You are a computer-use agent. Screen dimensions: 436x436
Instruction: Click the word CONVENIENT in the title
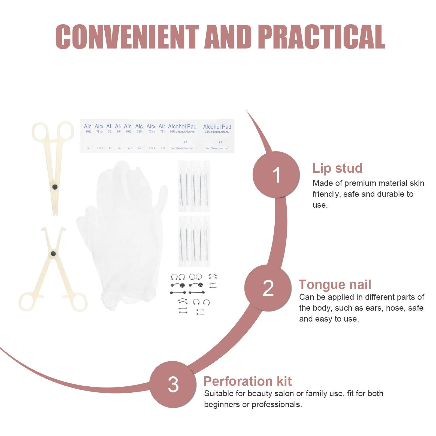tap(127, 37)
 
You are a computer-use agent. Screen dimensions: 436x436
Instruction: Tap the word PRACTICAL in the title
tap(322, 37)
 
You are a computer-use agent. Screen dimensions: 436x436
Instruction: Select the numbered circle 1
tap(276, 175)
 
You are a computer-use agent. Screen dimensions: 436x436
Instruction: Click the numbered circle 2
tap(268, 288)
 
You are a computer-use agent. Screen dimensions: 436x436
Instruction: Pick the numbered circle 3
tap(173, 384)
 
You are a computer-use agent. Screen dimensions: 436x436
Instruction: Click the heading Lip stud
tap(337, 168)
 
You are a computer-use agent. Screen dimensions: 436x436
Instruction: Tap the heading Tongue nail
tap(335, 285)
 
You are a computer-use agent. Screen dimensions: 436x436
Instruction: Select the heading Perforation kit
tap(247, 381)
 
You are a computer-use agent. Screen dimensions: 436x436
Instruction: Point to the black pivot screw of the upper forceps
tap(55, 187)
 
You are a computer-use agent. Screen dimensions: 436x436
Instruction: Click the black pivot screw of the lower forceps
tap(53, 254)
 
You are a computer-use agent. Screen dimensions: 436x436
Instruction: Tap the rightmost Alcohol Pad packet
tap(217, 136)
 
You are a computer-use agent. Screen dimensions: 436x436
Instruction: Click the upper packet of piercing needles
tap(194, 186)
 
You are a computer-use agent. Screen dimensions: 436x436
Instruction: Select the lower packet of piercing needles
tap(194, 241)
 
